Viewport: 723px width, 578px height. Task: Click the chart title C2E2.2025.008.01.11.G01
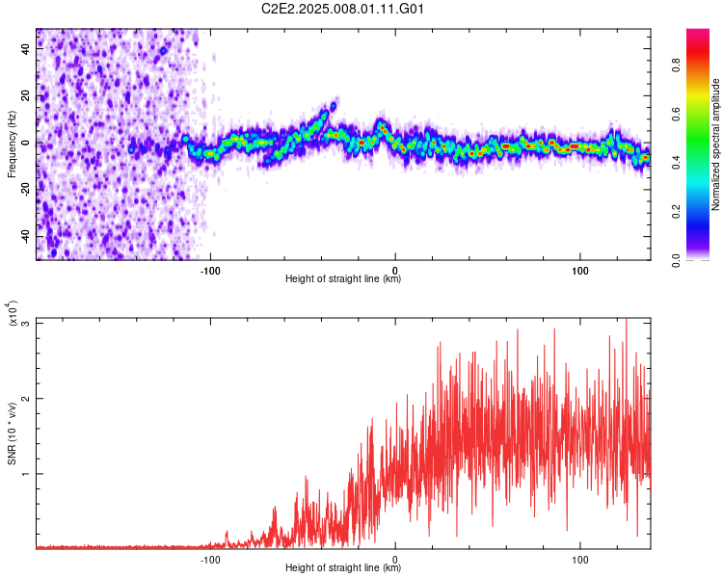[344, 9]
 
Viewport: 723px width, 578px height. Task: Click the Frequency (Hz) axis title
[13, 144]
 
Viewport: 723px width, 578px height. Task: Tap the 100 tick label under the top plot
[580, 270]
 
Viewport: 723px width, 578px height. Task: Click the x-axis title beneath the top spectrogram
[343, 279]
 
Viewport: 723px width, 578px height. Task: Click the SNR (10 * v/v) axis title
[13, 433]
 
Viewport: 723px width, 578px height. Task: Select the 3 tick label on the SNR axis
[26, 323]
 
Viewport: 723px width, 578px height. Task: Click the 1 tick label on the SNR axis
[26, 474]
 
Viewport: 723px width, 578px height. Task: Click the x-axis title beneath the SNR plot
[343, 568]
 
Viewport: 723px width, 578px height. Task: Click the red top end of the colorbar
[698, 36]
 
